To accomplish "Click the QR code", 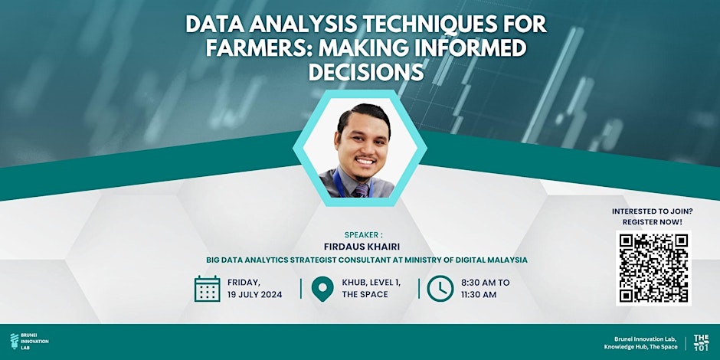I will click(x=653, y=267).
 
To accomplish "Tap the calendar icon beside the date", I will click(x=207, y=288).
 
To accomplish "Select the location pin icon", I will click(x=322, y=289).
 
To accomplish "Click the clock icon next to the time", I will click(x=440, y=288).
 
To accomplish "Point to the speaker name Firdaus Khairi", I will click(x=366, y=247).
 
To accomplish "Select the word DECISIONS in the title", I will click(x=365, y=73).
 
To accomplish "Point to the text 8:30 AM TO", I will click(x=485, y=282).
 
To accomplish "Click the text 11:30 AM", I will click(x=479, y=295).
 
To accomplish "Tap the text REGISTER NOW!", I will click(x=653, y=221).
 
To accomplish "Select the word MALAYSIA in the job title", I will click(x=502, y=260).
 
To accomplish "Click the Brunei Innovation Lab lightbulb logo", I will click(x=15, y=342).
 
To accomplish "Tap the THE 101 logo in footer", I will click(x=701, y=342).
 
